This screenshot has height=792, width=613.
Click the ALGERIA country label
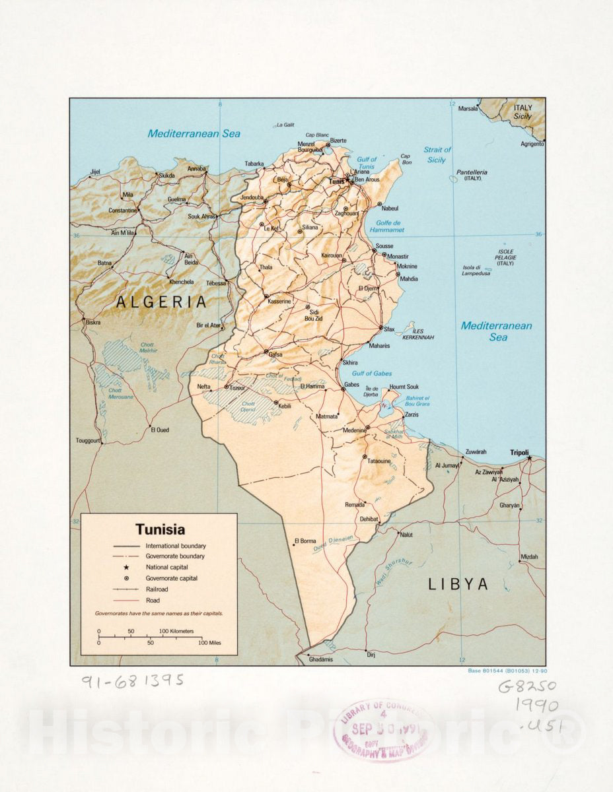[x=162, y=302]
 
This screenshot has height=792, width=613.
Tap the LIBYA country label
[x=458, y=583]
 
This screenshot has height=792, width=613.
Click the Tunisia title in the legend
[x=161, y=529]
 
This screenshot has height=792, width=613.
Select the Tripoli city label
[x=520, y=452]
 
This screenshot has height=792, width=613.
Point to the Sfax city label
[x=389, y=329]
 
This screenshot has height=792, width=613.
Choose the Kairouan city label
[x=332, y=255]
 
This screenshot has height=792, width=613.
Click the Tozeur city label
[x=237, y=387]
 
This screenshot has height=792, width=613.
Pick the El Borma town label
[x=306, y=541]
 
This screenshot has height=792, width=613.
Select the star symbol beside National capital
[x=126, y=568]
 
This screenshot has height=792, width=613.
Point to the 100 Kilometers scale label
[x=176, y=631]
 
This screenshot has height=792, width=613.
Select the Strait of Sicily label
[x=437, y=154]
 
